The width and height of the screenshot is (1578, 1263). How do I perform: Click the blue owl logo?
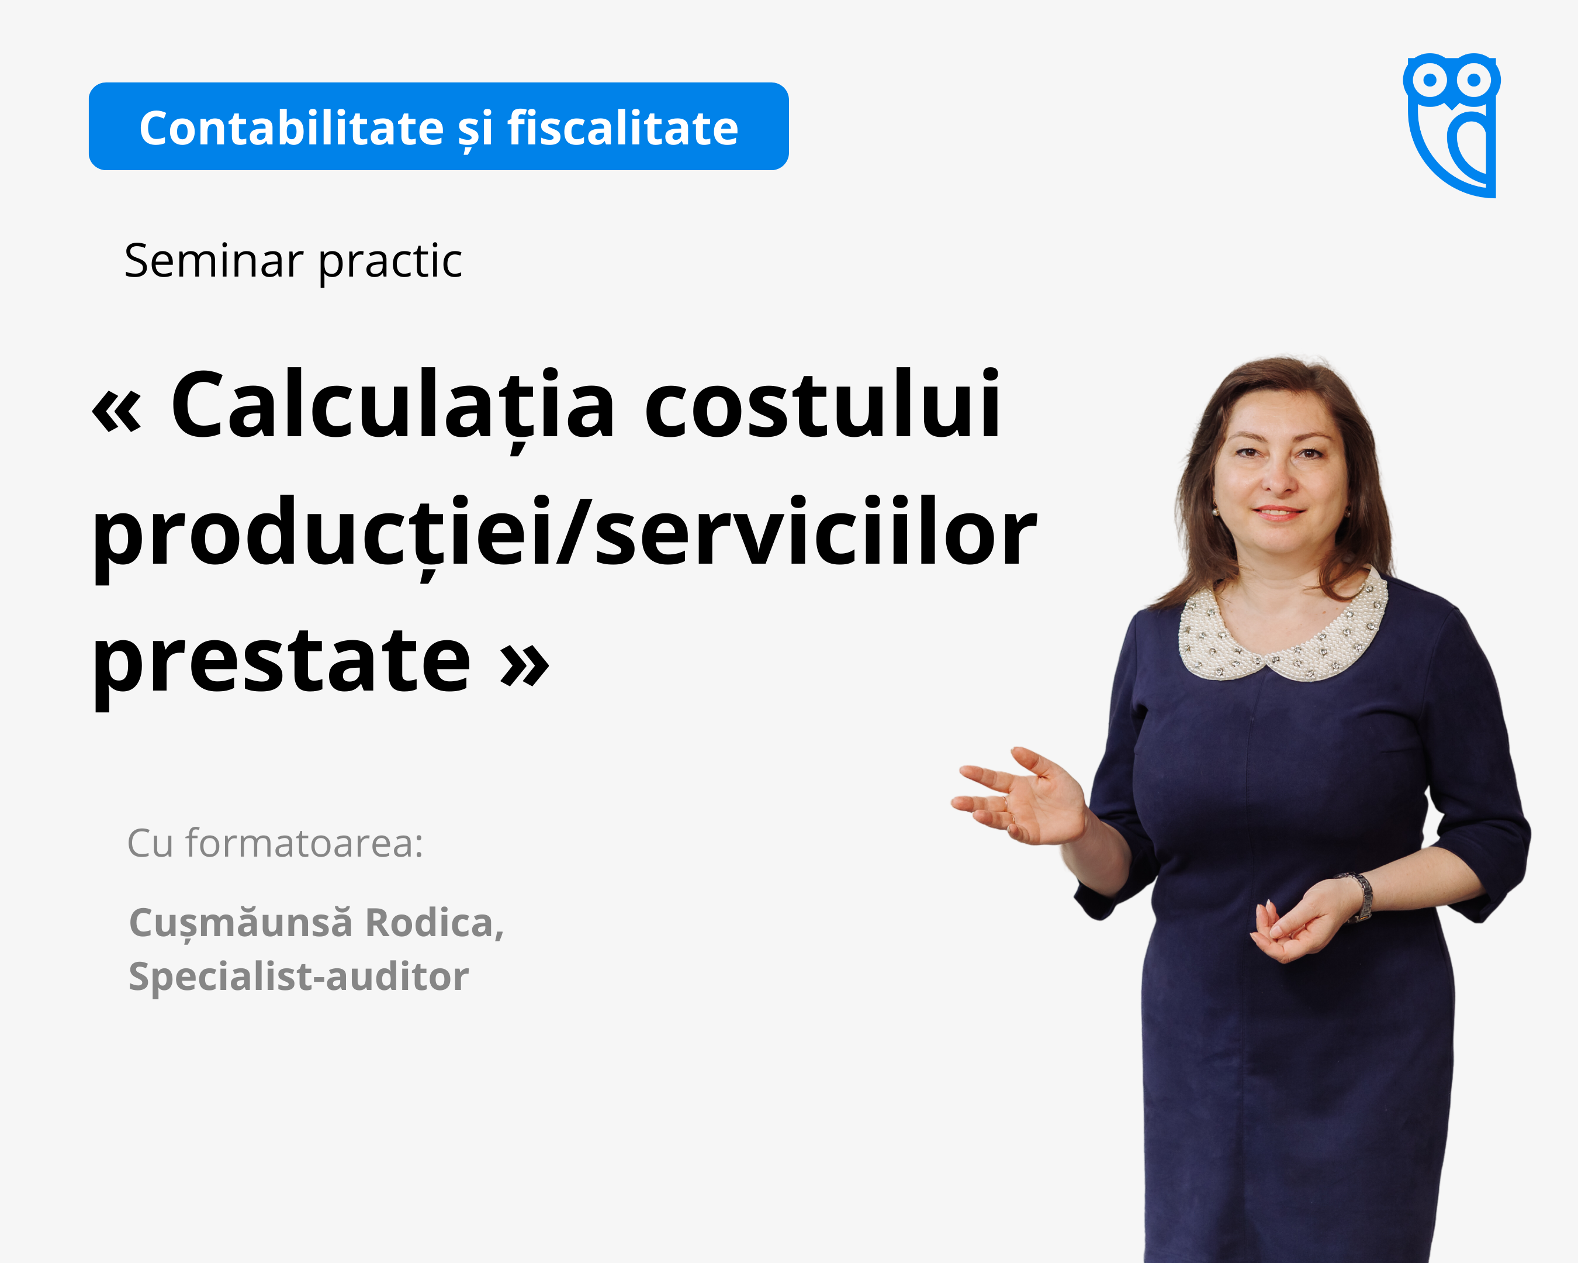point(1451,125)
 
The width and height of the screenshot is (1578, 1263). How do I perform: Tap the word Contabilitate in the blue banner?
point(291,128)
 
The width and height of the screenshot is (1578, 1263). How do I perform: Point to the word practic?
point(390,262)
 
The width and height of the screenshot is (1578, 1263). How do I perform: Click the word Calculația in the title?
point(392,406)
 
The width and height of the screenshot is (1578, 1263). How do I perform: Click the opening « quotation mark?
point(116,412)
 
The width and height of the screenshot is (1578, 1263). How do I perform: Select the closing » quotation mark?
point(524,666)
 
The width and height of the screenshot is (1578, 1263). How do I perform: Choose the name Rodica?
point(435,923)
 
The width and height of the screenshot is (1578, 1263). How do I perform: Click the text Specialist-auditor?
point(299,976)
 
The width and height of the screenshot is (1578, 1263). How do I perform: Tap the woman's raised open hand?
point(1022,796)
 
